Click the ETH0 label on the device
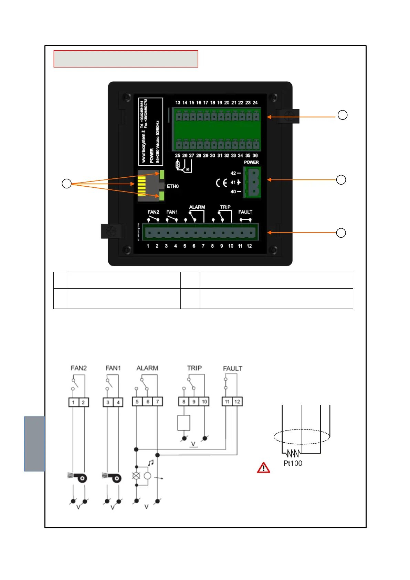[173, 186]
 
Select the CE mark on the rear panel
[221, 183]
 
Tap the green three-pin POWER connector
[253, 182]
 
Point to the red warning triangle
[263, 468]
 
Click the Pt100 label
[293, 463]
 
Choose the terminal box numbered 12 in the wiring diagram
[237, 402]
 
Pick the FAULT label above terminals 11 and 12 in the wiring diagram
[233, 369]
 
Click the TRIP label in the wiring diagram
[195, 368]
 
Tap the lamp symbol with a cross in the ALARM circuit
[136, 476]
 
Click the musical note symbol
[150, 463]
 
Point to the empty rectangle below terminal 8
[184, 423]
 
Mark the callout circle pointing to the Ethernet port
[66, 184]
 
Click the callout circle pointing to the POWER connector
[341, 180]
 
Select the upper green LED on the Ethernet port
[162, 175]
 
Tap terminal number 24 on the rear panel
[255, 103]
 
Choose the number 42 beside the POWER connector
[233, 173]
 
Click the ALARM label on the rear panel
[197, 207]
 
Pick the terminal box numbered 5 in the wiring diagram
[137, 402]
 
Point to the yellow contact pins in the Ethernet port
[141, 186]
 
